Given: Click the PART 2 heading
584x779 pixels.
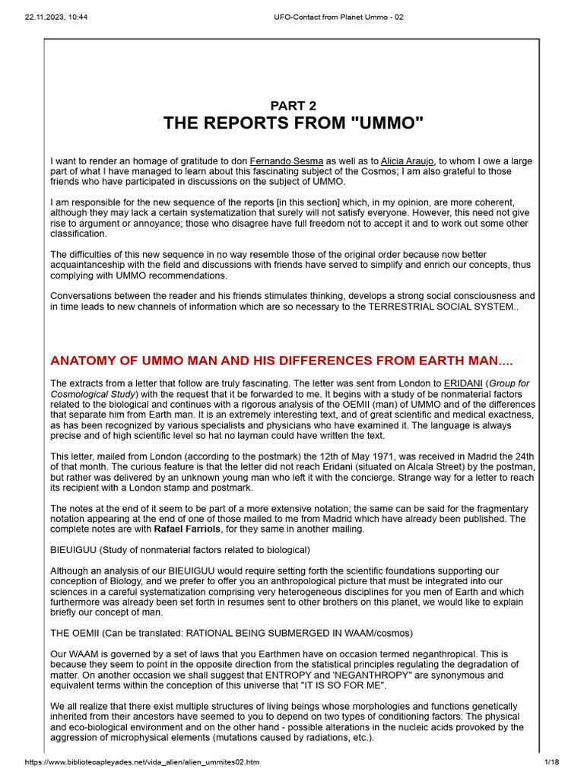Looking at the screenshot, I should tap(293, 106).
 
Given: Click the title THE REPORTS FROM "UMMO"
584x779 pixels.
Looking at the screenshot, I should tap(293, 124).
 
